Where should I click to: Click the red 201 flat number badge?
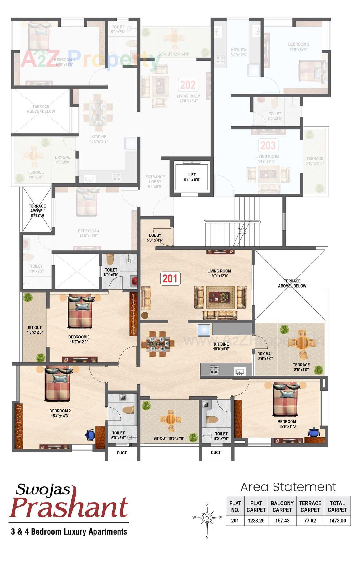(170, 279)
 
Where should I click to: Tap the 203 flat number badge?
(268, 145)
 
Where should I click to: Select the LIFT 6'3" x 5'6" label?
(192, 177)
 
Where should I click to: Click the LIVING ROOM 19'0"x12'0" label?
(219, 273)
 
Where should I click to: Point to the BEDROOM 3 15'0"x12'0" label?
(79, 339)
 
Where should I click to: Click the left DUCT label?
(122, 453)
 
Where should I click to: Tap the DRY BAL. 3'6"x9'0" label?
(265, 356)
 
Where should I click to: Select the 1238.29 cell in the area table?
(256, 521)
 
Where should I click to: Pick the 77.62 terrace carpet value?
(310, 521)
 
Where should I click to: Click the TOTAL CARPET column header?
(337, 506)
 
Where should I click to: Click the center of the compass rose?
(207, 517)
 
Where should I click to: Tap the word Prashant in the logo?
(69, 507)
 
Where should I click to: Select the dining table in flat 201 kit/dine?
(157, 344)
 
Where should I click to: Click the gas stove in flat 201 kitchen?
(214, 370)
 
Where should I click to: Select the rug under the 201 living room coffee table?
(220, 297)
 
